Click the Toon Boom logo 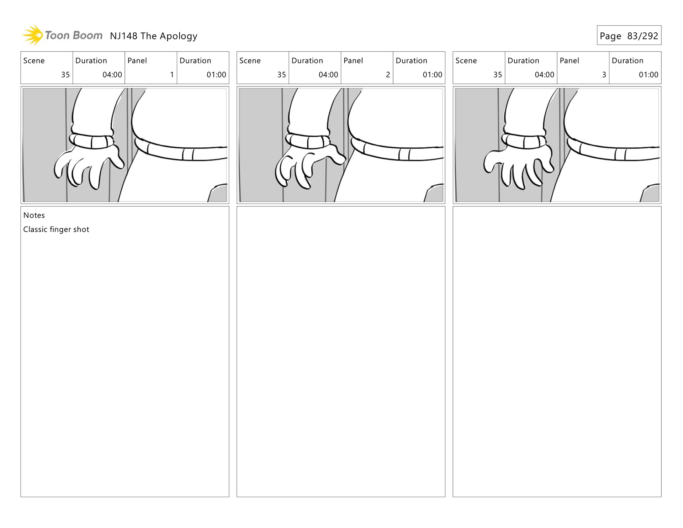[63, 35]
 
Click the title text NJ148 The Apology [153, 36]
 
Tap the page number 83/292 [642, 36]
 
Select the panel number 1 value [172, 75]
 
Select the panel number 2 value [388, 75]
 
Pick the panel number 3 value [604, 75]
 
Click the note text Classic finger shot [56, 229]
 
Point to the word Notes [34, 215]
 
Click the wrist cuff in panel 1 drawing [91, 141]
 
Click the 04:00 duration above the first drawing [112, 75]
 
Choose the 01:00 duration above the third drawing [648, 75]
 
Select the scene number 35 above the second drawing [281, 75]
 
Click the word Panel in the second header [353, 61]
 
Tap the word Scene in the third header [466, 61]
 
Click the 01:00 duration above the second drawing [432, 75]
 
